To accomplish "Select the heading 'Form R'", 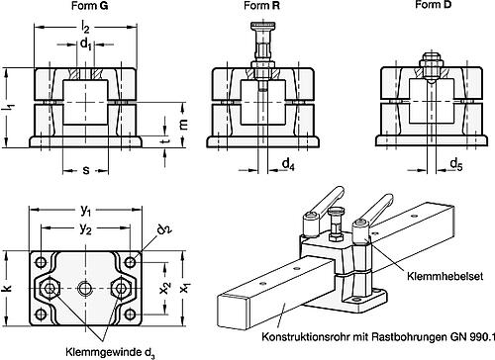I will [260, 7].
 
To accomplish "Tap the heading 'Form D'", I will [428, 7].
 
